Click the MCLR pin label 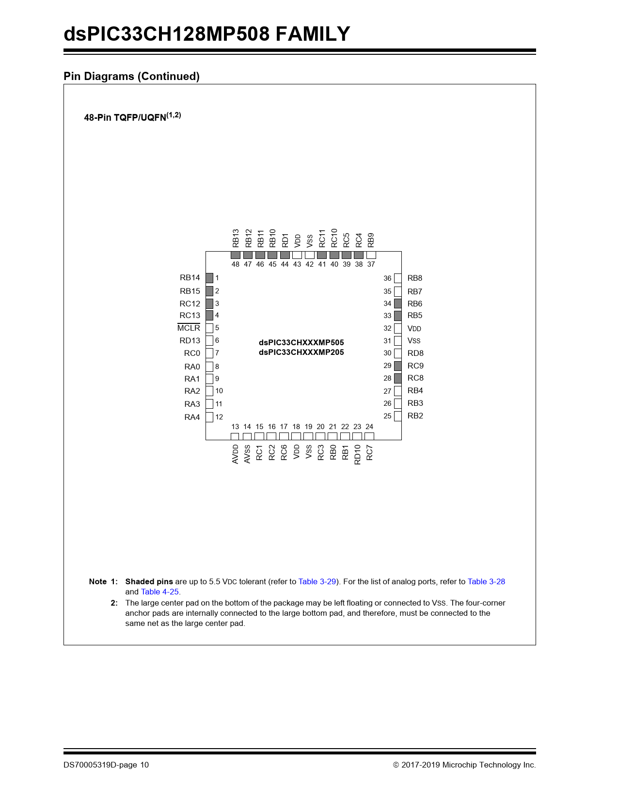tap(189, 328)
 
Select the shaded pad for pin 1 tap(209, 278)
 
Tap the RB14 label tap(190, 278)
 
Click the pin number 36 tap(387, 278)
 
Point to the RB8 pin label tap(415, 278)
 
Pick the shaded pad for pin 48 tap(236, 255)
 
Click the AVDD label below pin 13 tap(235, 454)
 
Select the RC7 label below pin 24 tap(369, 453)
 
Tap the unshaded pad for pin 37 tap(371, 255)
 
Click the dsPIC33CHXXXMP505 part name tap(301, 342)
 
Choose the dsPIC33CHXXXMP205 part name tap(301, 352)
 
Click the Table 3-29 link tap(317, 581)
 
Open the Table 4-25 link tap(160, 592)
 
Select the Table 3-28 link tap(486, 581)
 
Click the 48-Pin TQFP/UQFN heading tap(132, 117)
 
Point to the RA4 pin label tap(192, 417)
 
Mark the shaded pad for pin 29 tap(398, 366)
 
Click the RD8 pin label tap(415, 353)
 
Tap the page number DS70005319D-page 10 tap(106, 765)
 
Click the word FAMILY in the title tap(313, 34)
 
